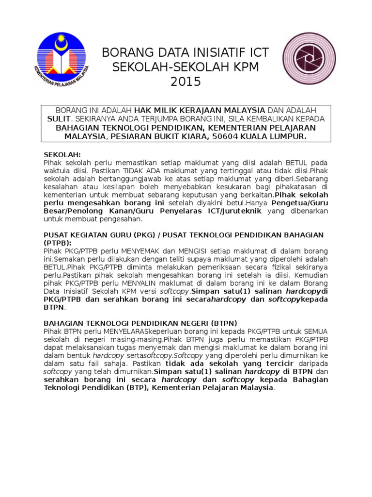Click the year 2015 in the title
coord(185,82)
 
